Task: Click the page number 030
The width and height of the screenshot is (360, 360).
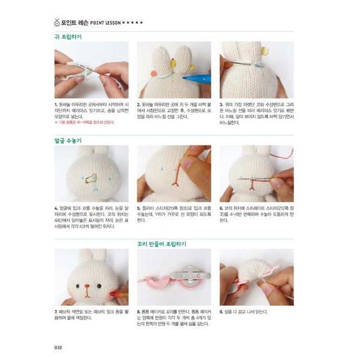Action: click(59, 348)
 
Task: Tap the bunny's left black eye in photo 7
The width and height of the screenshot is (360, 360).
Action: click(81, 284)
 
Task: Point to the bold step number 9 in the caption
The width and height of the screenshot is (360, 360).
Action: click(221, 311)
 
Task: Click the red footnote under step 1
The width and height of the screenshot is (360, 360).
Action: click(84, 122)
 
